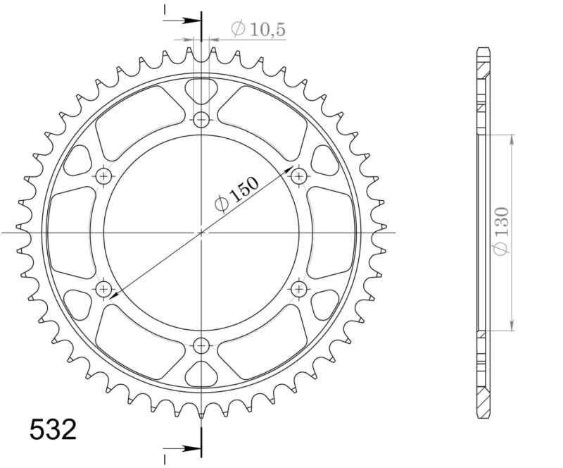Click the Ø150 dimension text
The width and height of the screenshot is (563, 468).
(x=235, y=192)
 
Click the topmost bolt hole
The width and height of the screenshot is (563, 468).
(x=202, y=118)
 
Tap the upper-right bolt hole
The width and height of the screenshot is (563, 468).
(x=299, y=175)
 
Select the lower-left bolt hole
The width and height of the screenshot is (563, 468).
(x=105, y=288)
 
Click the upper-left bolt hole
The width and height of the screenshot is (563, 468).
(x=105, y=175)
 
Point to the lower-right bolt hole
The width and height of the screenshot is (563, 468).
(x=299, y=288)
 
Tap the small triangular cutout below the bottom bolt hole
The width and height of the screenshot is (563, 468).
(x=202, y=373)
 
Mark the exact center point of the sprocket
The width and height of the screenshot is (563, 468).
(x=202, y=231)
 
